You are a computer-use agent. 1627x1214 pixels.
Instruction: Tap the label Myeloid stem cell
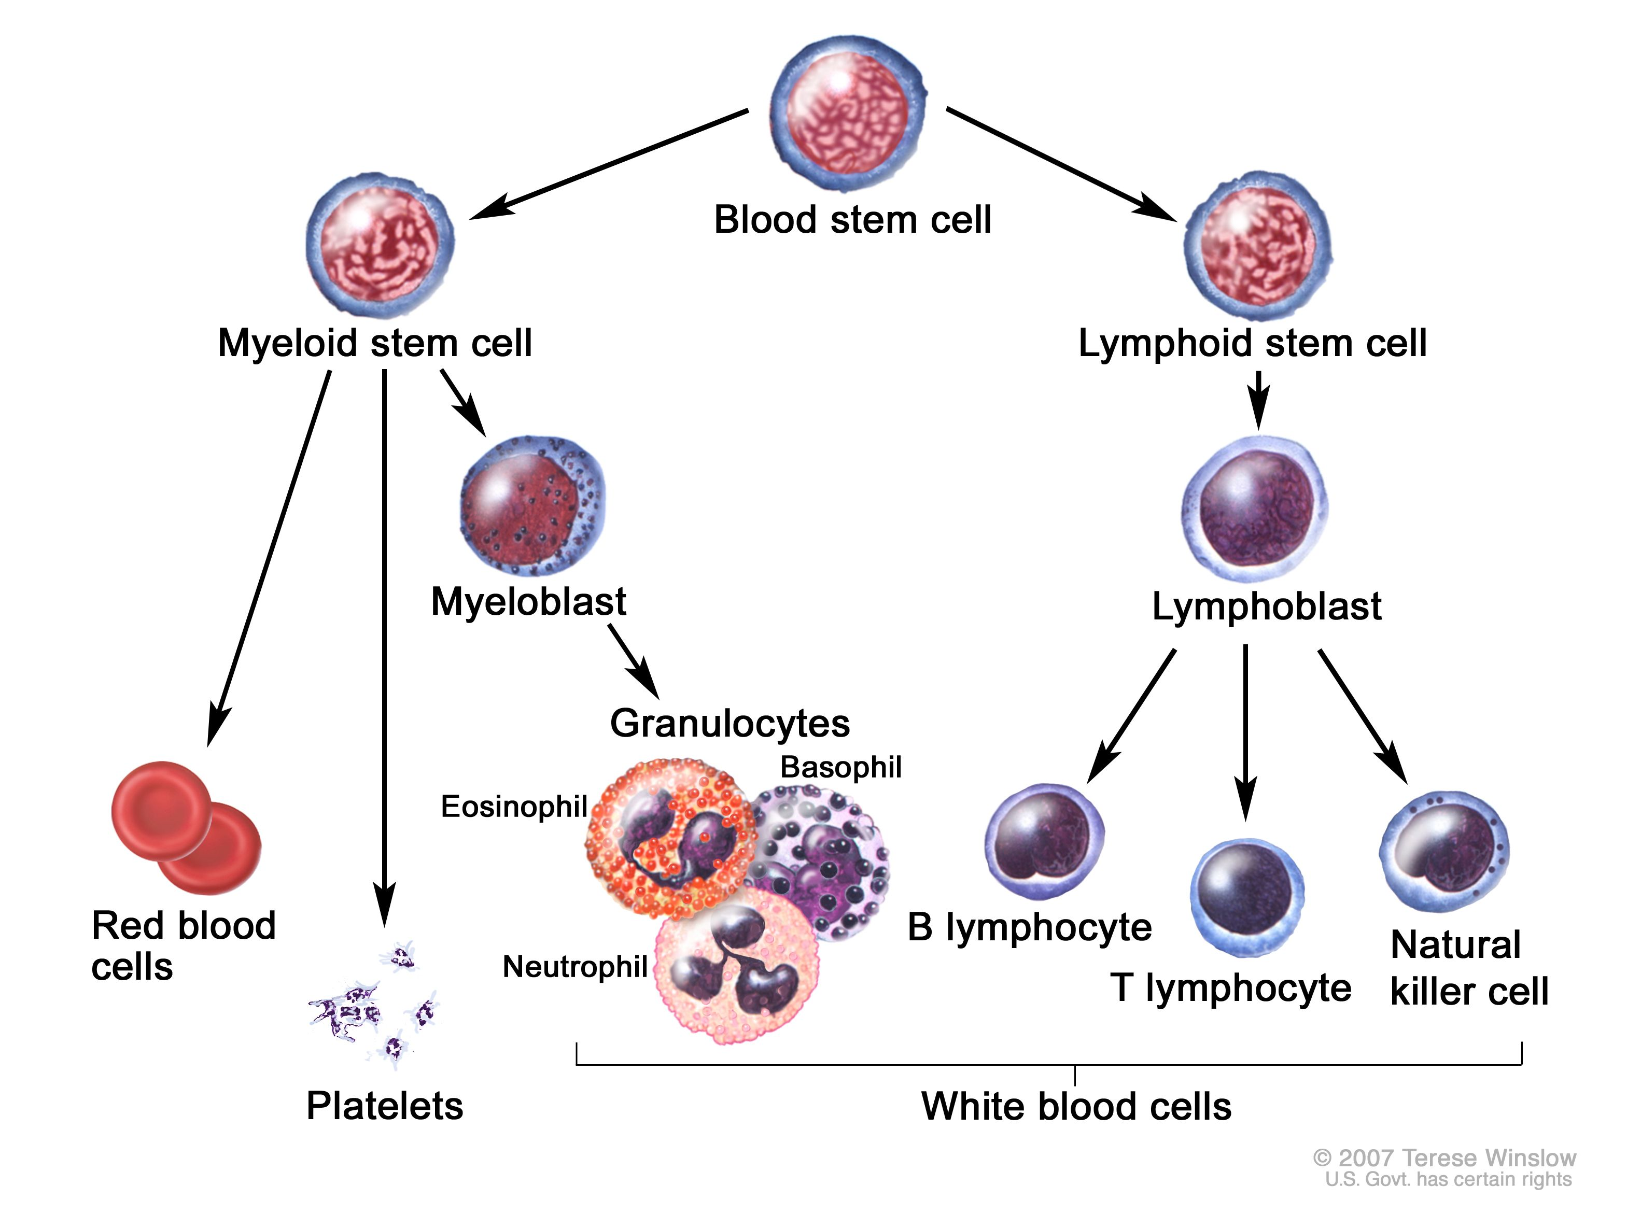click(x=375, y=343)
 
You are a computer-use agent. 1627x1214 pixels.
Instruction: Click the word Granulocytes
click(x=729, y=723)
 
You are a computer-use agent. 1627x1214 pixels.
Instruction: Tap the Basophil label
click(x=840, y=767)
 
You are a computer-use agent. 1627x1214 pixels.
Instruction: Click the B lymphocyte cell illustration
click(x=1044, y=841)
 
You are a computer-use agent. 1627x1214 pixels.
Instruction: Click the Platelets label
click(x=384, y=1106)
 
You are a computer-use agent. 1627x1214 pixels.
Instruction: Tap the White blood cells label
click(x=1076, y=1106)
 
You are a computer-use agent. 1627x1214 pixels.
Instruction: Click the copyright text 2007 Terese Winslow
click(x=1444, y=1158)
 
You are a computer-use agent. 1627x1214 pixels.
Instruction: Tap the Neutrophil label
click(x=574, y=967)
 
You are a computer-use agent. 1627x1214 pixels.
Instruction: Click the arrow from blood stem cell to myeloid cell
click(x=610, y=163)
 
